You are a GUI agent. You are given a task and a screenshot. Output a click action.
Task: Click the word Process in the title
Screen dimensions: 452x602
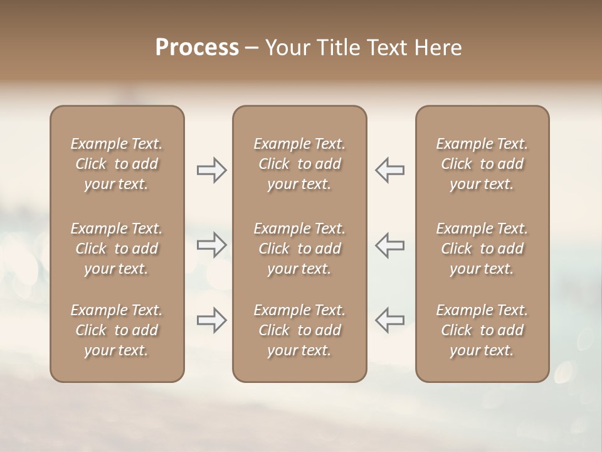tap(197, 48)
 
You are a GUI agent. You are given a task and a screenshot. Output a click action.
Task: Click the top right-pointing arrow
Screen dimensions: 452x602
tap(211, 170)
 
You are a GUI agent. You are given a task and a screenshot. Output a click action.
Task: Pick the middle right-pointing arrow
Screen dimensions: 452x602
tap(211, 244)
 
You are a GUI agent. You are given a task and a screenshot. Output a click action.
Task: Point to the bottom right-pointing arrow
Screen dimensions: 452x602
tap(211, 320)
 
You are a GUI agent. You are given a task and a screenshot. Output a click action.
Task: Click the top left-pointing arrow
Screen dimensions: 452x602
tap(389, 170)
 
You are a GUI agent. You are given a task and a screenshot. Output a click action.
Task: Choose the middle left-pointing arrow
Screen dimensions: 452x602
tap(389, 244)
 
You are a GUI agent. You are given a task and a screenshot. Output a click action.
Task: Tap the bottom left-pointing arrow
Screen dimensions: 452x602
tap(389, 320)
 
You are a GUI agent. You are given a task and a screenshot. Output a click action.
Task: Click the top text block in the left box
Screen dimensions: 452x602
tap(117, 164)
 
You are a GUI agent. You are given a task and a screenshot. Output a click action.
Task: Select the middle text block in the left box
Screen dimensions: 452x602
tap(117, 249)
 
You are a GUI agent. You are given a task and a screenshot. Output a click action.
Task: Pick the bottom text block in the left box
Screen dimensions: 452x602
tap(117, 330)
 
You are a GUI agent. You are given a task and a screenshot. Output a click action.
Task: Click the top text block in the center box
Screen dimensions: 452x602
tap(299, 164)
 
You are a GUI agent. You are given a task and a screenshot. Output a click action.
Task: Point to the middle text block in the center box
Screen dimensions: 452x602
tap(299, 249)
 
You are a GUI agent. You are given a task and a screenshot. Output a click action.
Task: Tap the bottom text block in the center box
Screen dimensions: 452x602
tap(299, 330)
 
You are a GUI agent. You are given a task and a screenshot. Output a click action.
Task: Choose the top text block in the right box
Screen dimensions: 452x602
tap(482, 164)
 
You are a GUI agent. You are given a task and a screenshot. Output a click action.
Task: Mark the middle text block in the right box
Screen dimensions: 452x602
tap(482, 249)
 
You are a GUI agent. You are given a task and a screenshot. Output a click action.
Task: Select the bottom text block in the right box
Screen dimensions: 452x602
tap(482, 330)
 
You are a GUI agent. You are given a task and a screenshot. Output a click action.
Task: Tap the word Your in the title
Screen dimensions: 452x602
tap(286, 48)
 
